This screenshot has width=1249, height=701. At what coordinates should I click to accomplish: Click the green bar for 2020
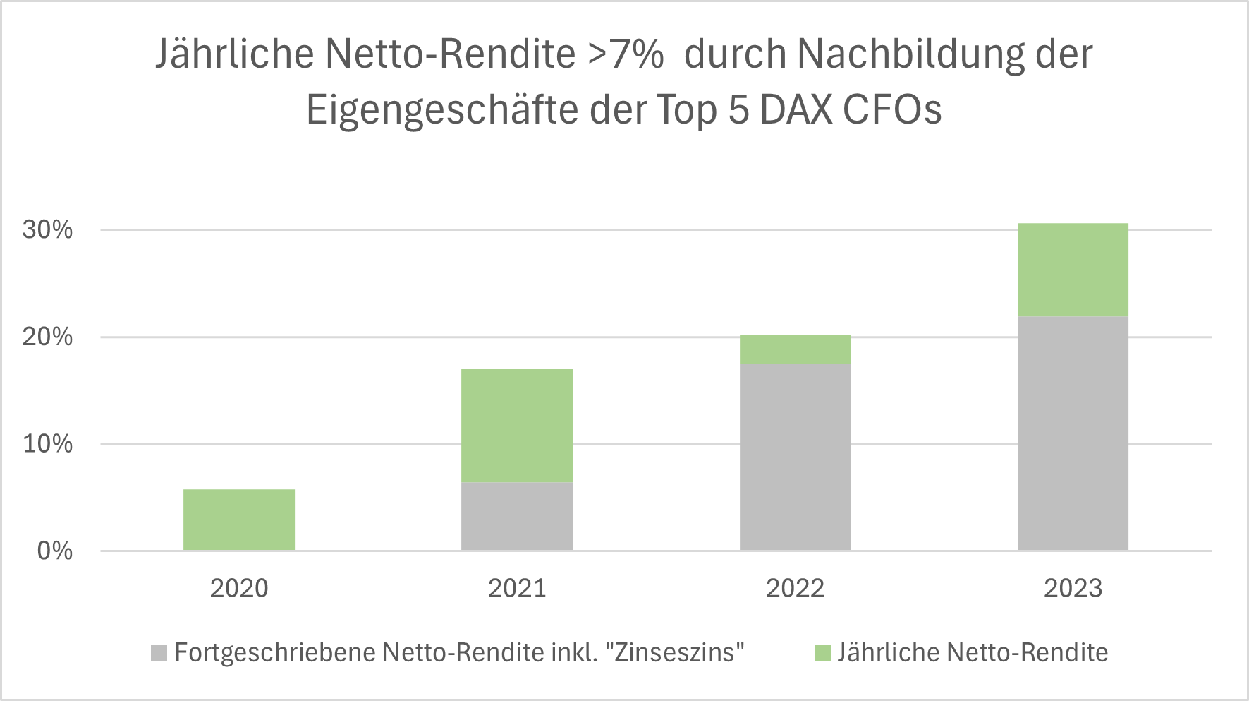point(239,520)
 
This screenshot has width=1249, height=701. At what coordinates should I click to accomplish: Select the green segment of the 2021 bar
point(517,425)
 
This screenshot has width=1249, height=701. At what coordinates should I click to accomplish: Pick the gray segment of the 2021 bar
point(517,516)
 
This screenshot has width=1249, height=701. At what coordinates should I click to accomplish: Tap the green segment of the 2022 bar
point(795,349)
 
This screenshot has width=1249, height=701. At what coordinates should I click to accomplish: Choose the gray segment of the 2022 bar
point(795,457)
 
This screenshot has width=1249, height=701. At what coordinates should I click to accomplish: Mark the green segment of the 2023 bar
point(1073,270)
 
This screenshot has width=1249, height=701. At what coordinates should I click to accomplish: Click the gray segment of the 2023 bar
point(1073,433)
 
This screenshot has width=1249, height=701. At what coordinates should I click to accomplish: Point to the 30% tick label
point(47,229)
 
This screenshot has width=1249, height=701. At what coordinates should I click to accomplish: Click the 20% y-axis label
point(47,337)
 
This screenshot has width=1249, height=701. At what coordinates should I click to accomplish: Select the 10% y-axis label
point(47,444)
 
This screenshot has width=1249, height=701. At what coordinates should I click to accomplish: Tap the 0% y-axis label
point(54,551)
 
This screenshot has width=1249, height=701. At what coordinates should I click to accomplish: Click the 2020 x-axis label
point(239,588)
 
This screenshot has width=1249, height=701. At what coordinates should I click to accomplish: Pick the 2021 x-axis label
point(517,588)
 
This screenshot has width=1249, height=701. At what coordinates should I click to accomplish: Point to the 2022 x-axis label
point(795,588)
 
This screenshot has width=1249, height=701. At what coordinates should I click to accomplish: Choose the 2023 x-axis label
point(1073,588)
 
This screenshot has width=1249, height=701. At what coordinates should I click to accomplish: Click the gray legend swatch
point(159,653)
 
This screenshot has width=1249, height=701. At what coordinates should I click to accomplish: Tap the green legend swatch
point(822,653)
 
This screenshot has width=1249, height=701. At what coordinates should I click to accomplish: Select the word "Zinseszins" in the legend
point(680,652)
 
